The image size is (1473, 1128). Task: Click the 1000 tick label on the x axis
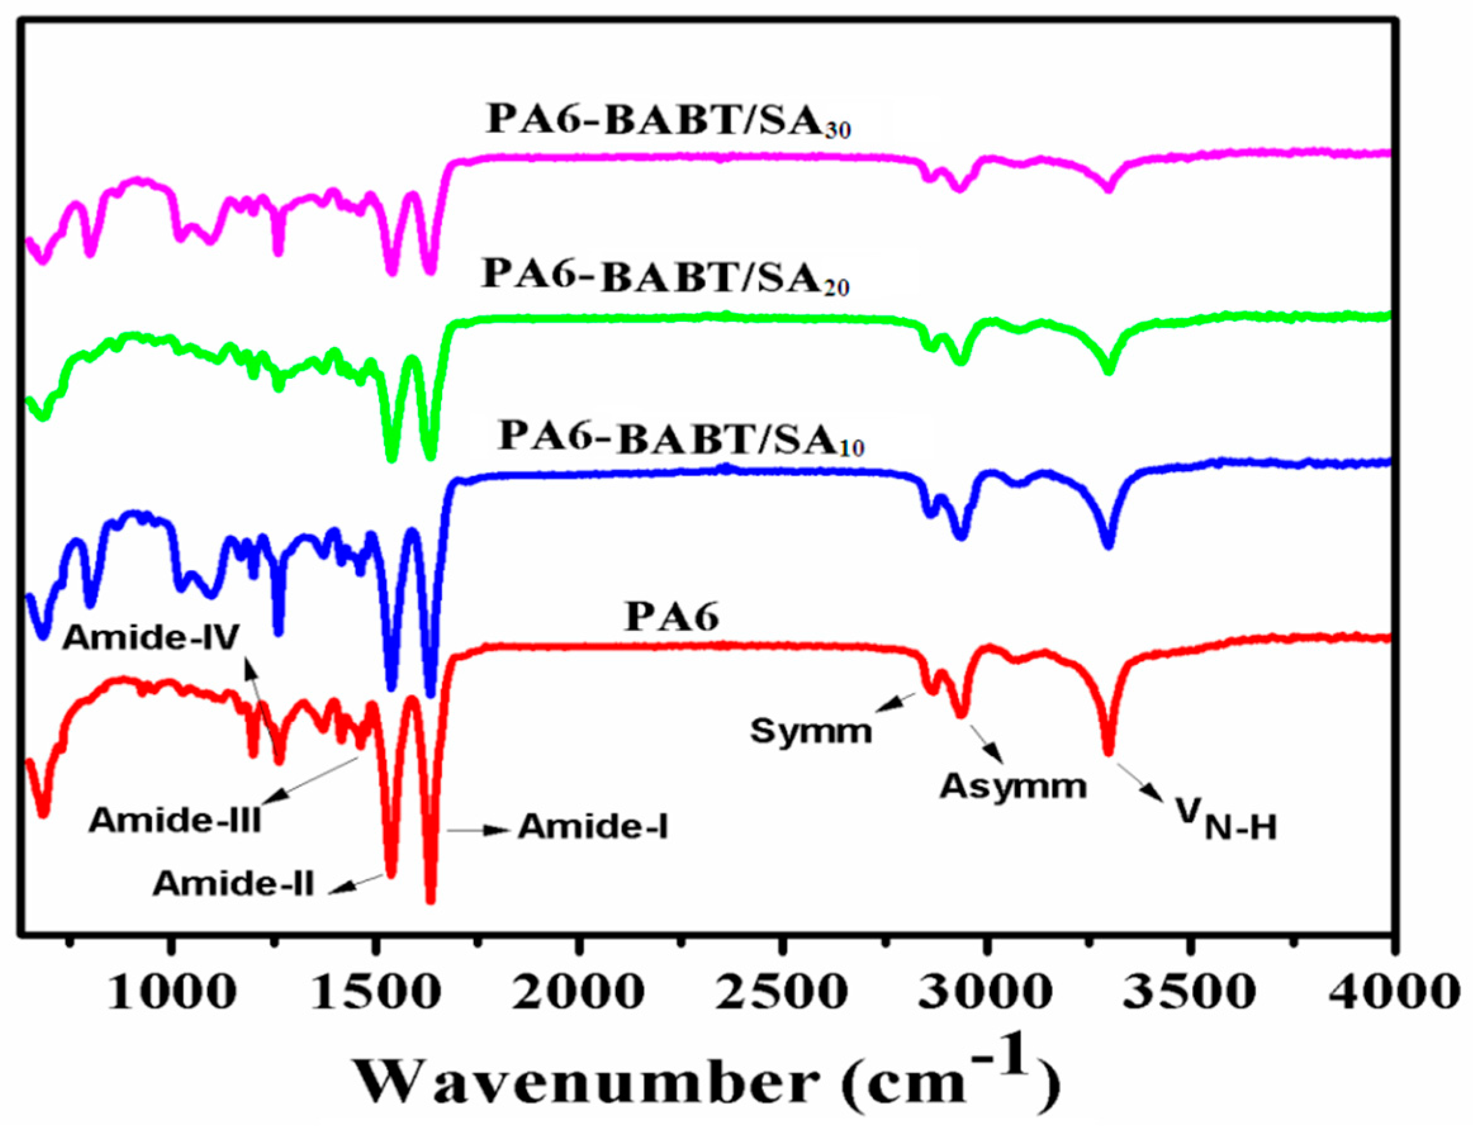(x=171, y=992)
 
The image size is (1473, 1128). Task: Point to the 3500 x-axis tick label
(x=1190, y=992)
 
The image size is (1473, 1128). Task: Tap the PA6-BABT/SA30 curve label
(x=668, y=122)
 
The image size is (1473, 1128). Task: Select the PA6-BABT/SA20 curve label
(x=666, y=277)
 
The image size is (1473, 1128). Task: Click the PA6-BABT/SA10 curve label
(x=681, y=438)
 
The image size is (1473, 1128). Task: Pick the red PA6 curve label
(x=672, y=616)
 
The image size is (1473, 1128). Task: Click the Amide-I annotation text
(x=593, y=827)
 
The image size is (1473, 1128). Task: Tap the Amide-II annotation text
(x=234, y=884)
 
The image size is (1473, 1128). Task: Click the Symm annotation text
(x=811, y=730)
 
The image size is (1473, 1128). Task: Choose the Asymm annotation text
(x=1013, y=785)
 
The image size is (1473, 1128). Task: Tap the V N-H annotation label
(x=1226, y=820)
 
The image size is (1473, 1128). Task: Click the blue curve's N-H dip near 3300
(x=1108, y=545)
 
